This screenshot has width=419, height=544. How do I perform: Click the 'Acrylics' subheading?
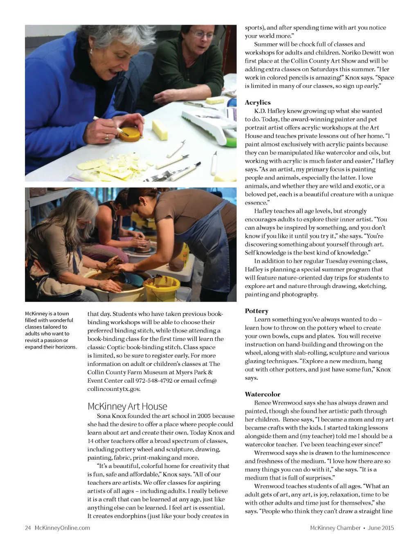click(257, 102)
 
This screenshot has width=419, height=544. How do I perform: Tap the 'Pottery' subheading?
click(257, 311)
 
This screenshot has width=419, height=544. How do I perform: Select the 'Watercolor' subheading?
click(262, 394)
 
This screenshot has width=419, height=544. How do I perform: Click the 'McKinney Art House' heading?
click(127, 406)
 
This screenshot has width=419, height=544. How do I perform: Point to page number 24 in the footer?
click(28, 528)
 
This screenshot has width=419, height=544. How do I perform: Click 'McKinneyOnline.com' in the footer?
click(62, 528)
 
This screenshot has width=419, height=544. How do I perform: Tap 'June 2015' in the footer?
click(381, 528)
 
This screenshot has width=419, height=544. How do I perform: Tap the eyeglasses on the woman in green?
click(203, 34)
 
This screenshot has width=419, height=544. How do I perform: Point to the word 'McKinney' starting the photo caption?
click(36, 314)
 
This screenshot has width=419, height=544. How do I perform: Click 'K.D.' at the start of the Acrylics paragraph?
click(260, 111)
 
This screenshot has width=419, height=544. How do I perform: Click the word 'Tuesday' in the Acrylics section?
click(336, 261)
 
